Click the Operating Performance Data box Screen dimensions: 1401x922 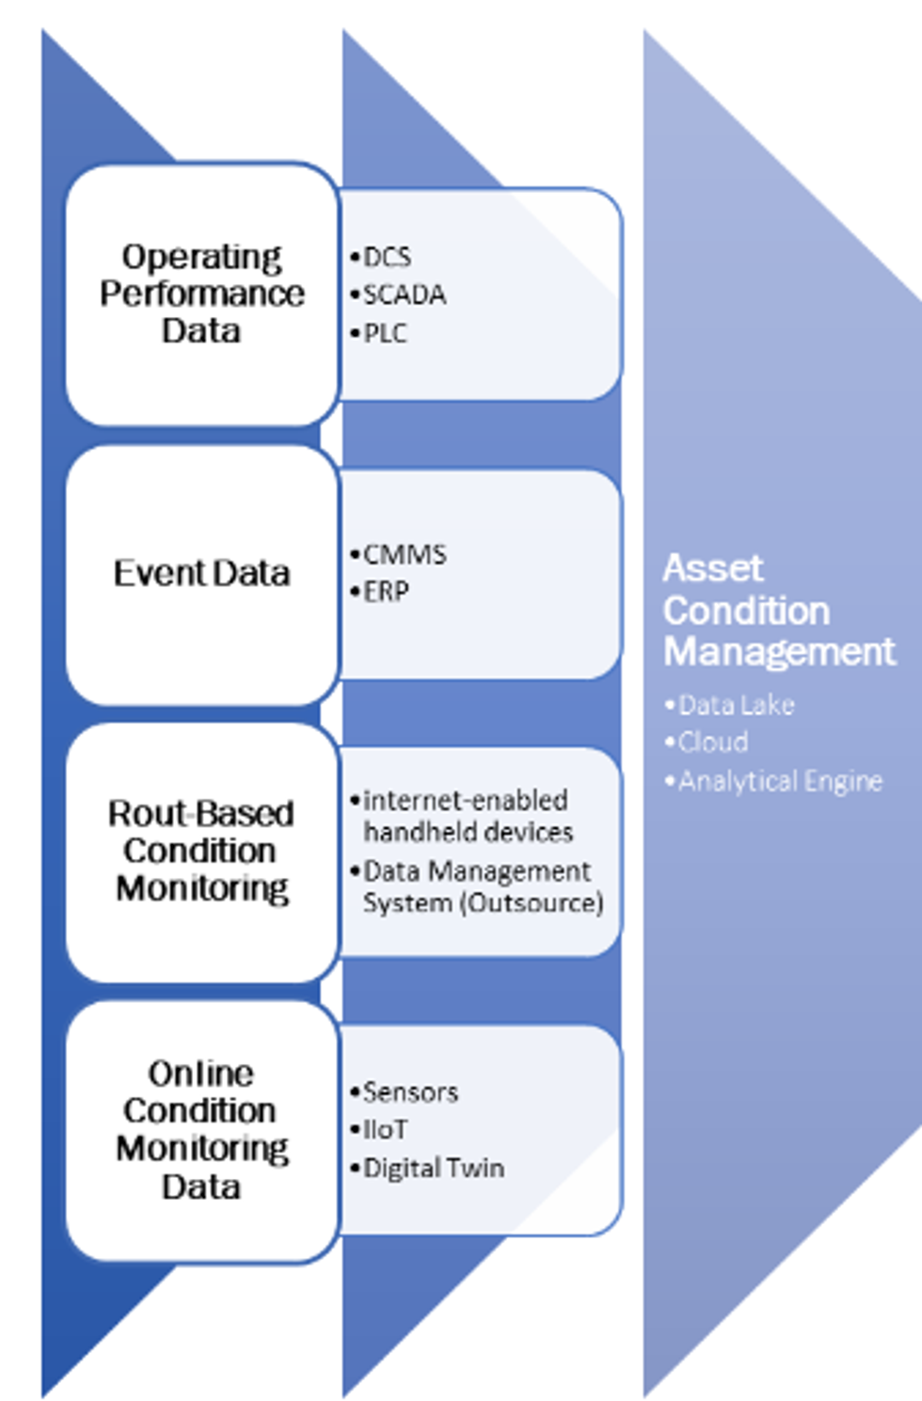(x=201, y=294)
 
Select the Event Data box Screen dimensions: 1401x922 (x=201, y=573)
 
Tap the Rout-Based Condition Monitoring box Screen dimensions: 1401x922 (x=201, y=851)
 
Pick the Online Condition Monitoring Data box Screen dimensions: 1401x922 (x=201, y=1129)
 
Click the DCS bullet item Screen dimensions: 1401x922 (x=387, y=257)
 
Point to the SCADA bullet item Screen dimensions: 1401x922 (x=404, y=295)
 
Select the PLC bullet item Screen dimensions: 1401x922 (x=385, y=333)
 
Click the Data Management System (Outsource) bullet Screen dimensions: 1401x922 (x=482, y=886)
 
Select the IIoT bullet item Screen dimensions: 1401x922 (x=385, y=1129)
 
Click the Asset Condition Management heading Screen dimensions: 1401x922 (x=778, y=610)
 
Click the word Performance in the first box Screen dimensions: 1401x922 (x=201, y=294)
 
